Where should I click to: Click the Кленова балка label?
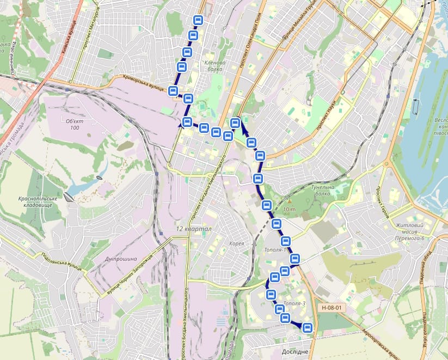pos(214,66)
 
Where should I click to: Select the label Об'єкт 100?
pos(71,124)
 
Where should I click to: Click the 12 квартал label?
pos(193,229)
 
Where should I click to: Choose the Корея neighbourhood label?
pos(237,243)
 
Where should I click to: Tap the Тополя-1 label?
pos(274,250)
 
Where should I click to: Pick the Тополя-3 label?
pos(295,303)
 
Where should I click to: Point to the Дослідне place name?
pos(296,352)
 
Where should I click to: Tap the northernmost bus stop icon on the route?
pos(199,21)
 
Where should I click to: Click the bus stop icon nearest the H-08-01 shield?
pos(308,327)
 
